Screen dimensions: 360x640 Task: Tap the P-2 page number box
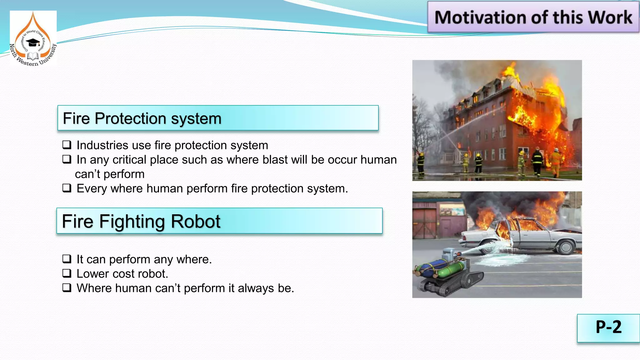click(608, 327)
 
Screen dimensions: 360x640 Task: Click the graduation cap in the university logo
click(32, 42)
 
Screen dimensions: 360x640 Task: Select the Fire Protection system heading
click(142, 118)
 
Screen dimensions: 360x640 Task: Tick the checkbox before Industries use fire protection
click(67, 145)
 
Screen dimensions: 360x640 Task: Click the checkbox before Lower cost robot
click(67, 273)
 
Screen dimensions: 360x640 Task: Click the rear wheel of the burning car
click(566, 247)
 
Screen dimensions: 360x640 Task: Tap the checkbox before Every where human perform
click(67, 188)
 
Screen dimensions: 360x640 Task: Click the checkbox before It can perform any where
click(67, 259)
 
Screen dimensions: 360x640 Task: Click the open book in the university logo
click(32, 56)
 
